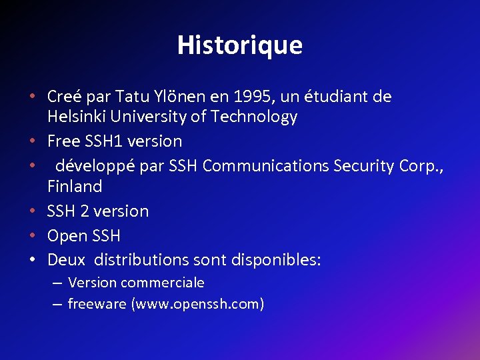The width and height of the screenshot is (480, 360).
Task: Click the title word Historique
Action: (239, 45)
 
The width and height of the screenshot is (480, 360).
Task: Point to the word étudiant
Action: (341, 97)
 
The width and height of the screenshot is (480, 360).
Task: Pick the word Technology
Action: (254, 117)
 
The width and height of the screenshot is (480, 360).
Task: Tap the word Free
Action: (62, 141)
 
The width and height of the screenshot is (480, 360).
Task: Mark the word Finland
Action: (75, 187)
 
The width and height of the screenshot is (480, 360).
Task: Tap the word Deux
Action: (66, 259)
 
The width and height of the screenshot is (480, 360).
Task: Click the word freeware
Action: (97, 305)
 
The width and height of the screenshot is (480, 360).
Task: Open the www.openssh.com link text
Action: (197, 305)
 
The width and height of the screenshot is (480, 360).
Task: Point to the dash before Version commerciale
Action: (57, 283)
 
